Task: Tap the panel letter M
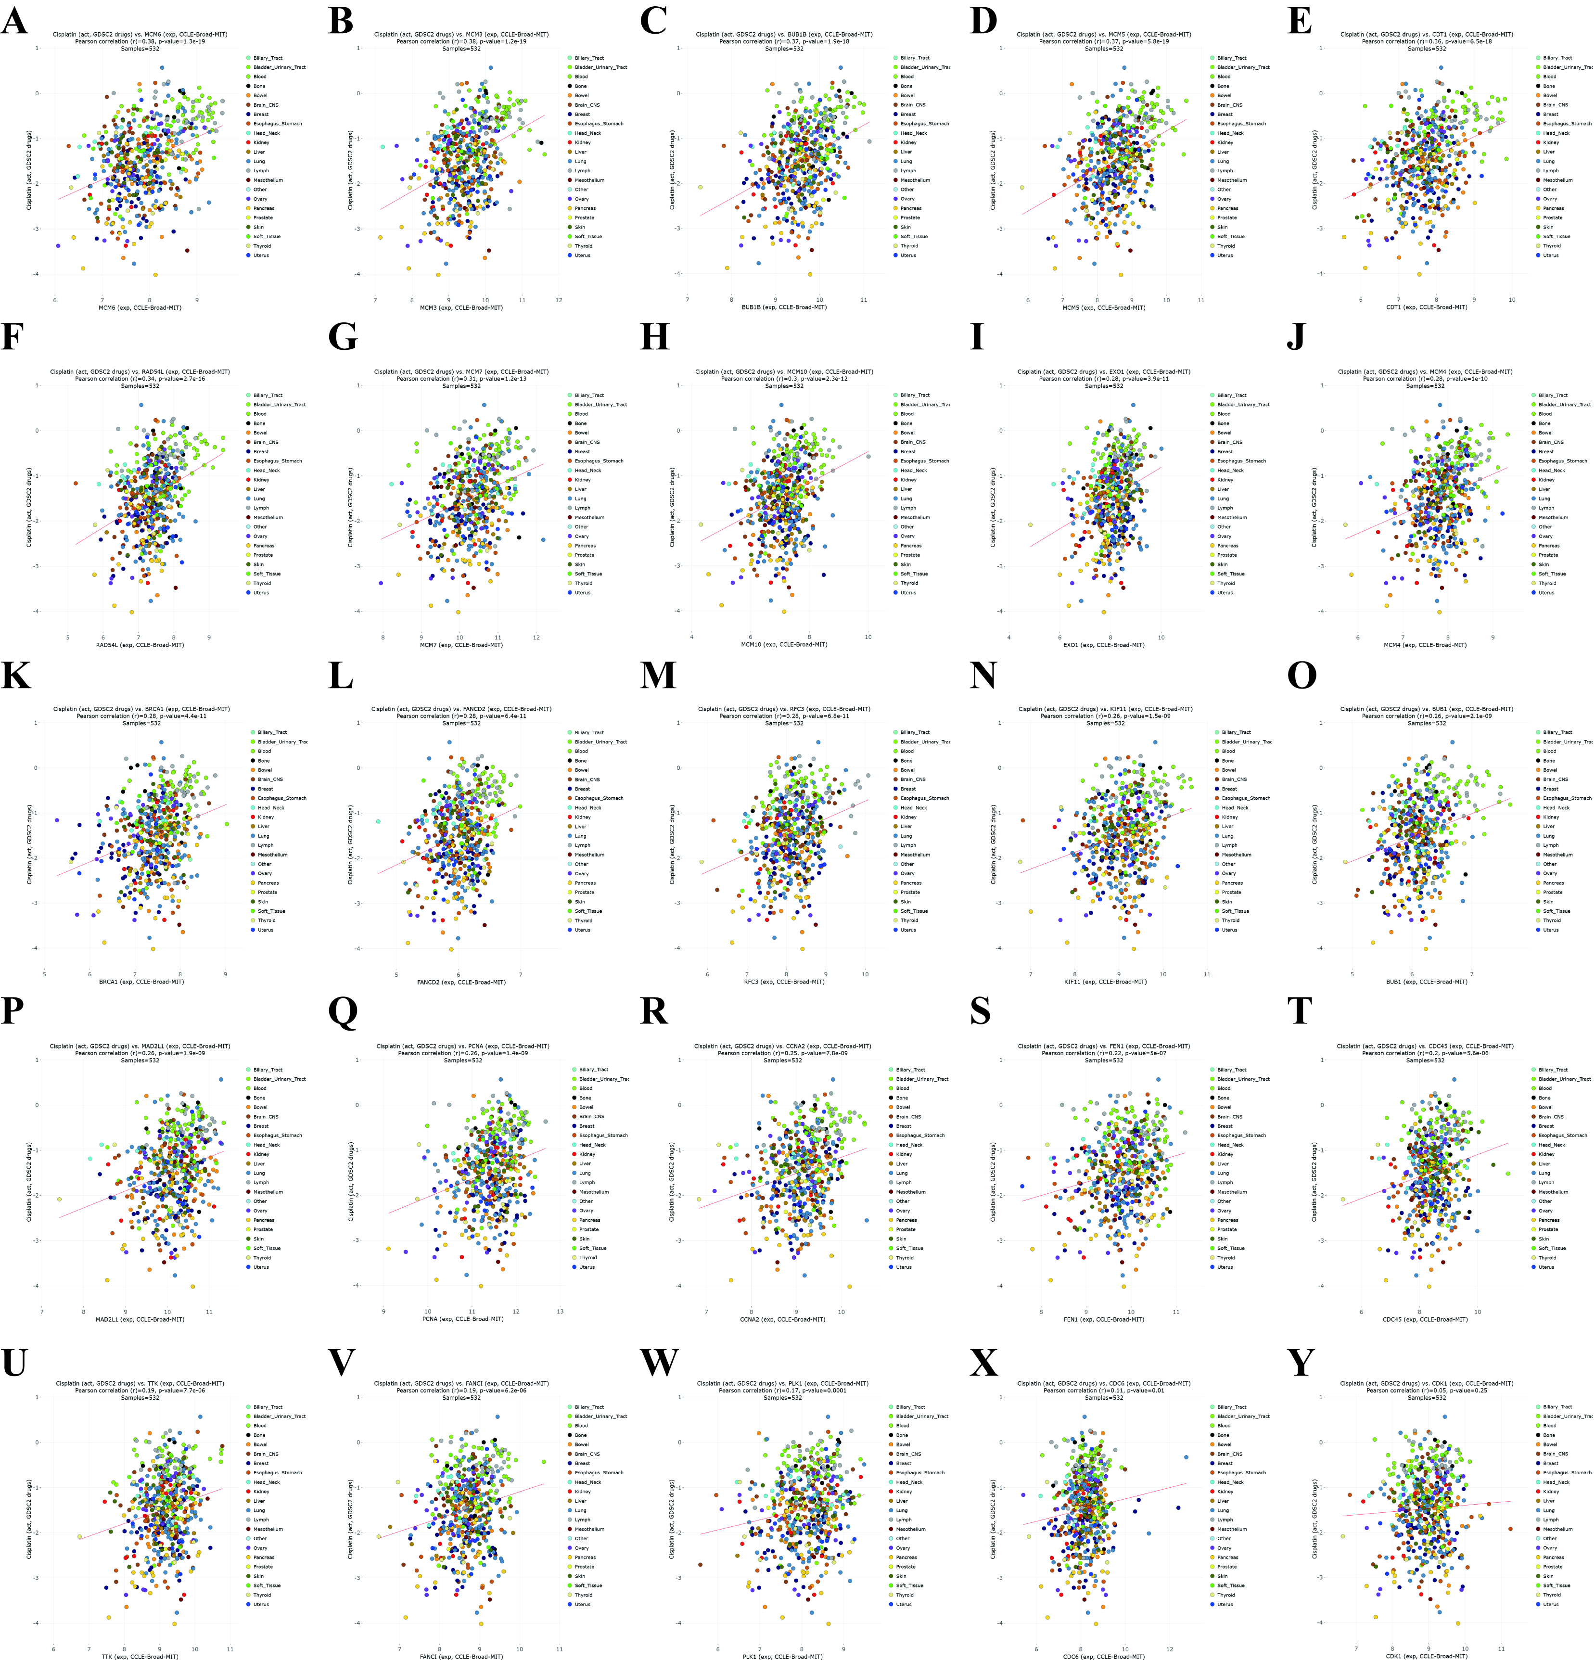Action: tap(658, 675)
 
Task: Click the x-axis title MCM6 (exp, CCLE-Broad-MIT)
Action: tap(140, 307)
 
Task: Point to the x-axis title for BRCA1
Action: tap(141, 982)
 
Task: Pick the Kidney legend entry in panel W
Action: tap(904, 1492)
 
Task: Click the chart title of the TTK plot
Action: tap(140, 1383)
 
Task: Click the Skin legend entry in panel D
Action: tap(1222, 227)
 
